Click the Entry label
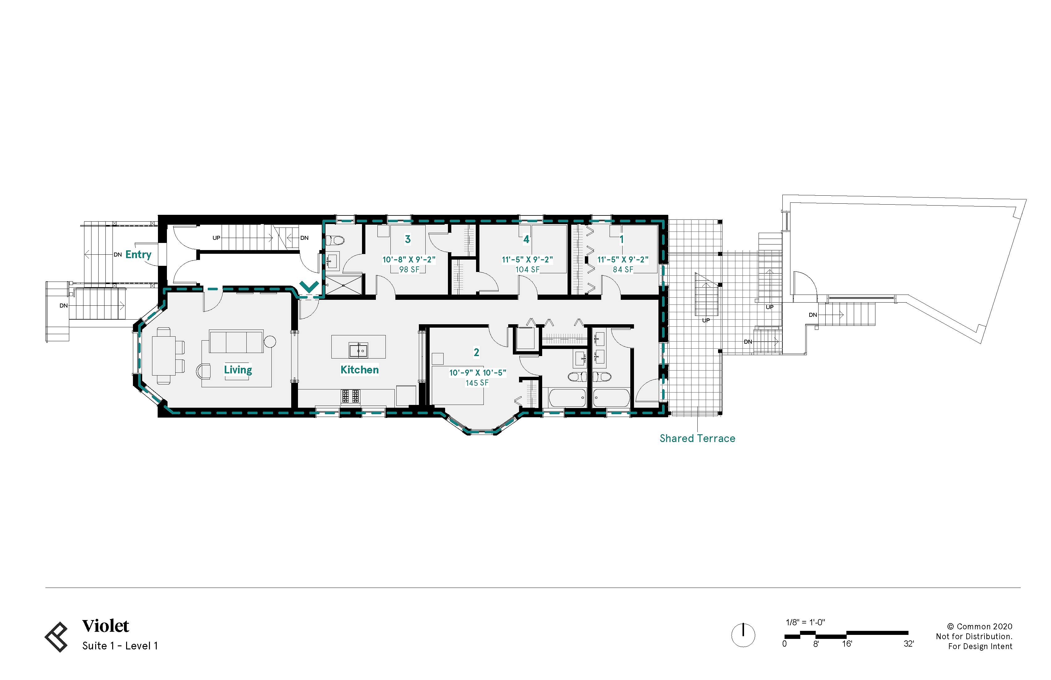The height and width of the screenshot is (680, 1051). (138, 254)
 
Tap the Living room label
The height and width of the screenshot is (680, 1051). (238, 370)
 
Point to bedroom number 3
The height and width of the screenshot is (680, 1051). (408, 239)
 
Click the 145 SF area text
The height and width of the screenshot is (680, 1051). (477, 383)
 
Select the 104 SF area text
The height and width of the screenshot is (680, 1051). (527, 269)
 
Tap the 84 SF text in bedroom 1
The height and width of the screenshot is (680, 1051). (623, 269)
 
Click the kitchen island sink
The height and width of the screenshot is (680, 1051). (358, 351)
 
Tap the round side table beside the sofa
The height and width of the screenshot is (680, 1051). (270, 341)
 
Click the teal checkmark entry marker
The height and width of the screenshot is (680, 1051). (309, 287)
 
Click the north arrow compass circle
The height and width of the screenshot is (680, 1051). (743, 635)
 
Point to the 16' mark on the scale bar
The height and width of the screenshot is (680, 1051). (847, 644)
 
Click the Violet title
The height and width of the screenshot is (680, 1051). (105, 626)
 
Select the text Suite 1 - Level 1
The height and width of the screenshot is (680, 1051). (120, 646)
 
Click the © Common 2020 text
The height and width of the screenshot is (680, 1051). (980, 627)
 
